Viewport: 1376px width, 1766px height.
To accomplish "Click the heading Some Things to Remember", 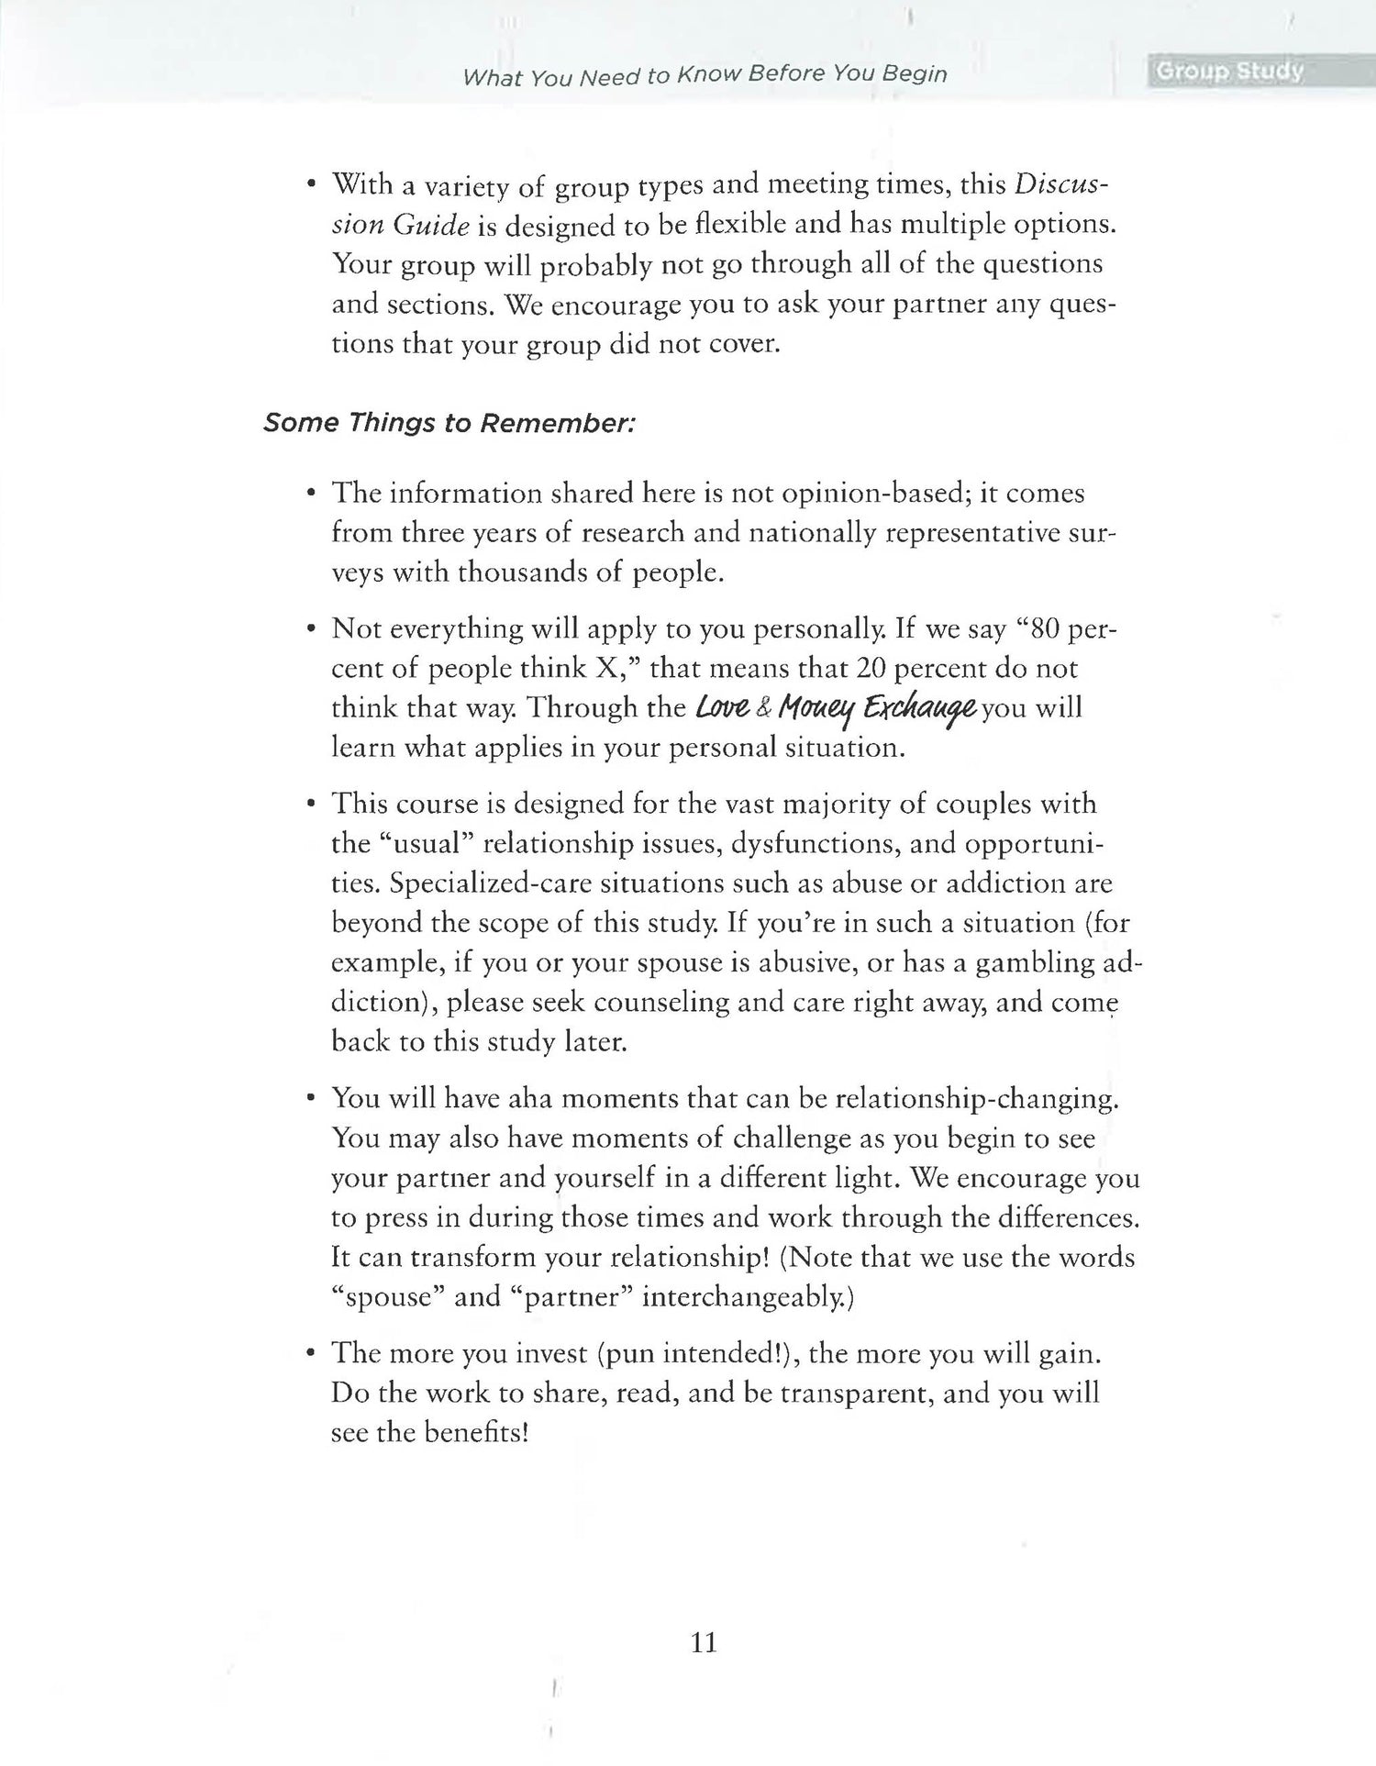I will [449, 423].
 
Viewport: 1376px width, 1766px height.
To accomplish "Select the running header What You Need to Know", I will [705, 74].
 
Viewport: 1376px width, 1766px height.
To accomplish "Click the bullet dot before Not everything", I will [312, 629].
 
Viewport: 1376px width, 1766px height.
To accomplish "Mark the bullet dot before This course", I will [312, 805].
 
